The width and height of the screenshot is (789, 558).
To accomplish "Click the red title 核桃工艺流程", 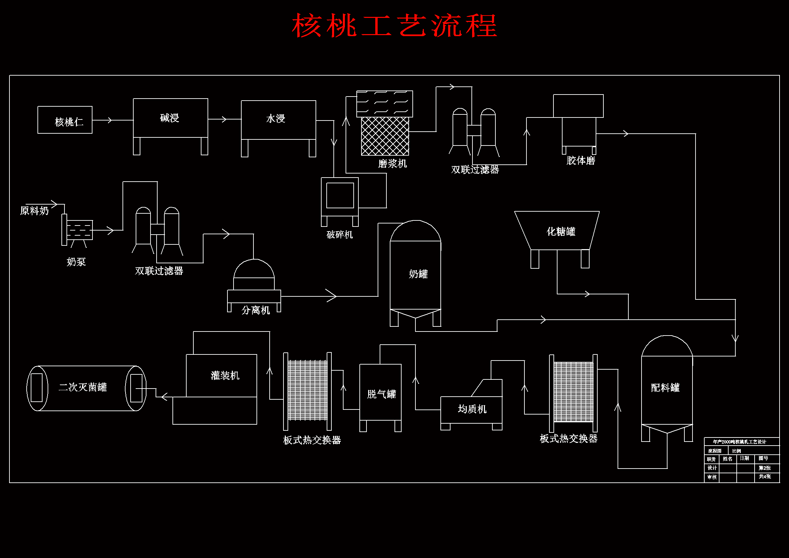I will (395, 26).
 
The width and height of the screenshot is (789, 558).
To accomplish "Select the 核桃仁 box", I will (65, 120).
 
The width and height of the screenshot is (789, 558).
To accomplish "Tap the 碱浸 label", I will (170, 118).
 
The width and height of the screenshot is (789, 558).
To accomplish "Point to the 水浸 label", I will (276, 118).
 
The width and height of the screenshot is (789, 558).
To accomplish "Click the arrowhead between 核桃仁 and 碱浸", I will (110, 120).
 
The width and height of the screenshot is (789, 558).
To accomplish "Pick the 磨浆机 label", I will (392, 164).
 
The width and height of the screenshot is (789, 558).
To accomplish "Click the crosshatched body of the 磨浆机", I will (385, 136).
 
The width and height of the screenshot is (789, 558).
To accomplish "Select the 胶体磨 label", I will (581, 161).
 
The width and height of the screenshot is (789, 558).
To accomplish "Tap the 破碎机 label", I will (339, 235).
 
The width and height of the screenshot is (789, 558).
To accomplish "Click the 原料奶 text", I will (34, 211).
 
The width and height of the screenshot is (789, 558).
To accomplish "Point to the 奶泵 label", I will (76, 262).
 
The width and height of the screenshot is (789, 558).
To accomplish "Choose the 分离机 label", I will (256, 311).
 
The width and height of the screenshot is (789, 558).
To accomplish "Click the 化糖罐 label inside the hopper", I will (561, 232).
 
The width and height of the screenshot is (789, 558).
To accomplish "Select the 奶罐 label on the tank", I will (418, 274).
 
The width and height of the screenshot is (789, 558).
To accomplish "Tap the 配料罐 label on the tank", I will (665, 388).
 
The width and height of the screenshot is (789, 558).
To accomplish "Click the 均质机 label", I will (472, 409).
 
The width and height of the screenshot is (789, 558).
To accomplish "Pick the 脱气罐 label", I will (381, 394).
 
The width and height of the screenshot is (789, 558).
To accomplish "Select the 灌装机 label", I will (225, 376).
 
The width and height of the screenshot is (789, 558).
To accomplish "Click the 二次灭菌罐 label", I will (83, 388).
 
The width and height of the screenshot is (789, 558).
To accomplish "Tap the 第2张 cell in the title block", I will (765, 468).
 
